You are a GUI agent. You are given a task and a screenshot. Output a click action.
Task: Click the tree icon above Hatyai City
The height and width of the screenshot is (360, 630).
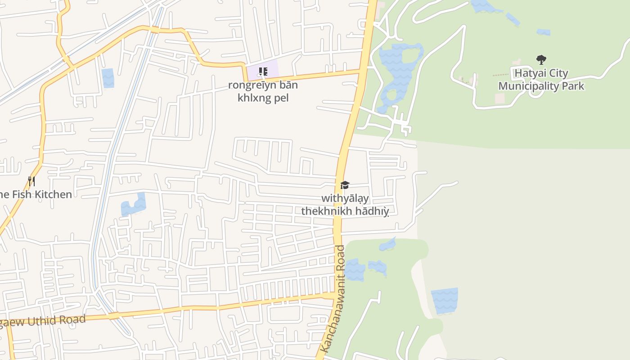pos(541,59)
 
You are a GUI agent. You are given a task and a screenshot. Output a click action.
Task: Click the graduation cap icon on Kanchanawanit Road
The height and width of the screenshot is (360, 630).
pos(345,185)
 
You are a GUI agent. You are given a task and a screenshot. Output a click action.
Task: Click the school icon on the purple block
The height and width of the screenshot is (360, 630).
pos(263,72)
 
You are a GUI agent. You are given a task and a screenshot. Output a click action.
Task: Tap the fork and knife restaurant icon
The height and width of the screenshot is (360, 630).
pos(31,181)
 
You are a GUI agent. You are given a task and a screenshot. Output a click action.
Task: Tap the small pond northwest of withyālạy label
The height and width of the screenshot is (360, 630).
pos(133,205)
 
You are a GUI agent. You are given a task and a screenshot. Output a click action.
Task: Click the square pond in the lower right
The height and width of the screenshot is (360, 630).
pos(444,301)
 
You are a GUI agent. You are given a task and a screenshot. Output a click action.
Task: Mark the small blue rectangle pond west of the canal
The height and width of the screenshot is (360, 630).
pos(108,78)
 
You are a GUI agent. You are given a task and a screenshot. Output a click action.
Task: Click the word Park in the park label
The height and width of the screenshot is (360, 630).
pos(573,86)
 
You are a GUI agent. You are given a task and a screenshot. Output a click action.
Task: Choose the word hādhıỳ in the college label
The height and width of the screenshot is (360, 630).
pos(371,211)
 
